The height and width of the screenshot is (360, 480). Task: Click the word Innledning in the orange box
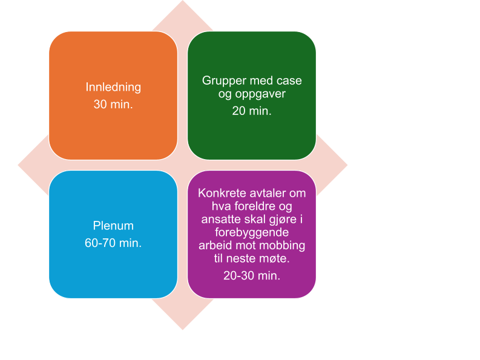[113, 87]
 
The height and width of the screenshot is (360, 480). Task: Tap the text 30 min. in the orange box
[113, 104]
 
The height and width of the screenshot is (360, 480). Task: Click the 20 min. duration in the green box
[252, 111]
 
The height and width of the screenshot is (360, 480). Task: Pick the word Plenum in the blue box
[113, 226]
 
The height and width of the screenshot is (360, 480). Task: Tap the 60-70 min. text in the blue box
[113, 243]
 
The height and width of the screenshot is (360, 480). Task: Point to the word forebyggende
[252, 233]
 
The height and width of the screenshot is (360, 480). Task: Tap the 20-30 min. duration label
[252, 275]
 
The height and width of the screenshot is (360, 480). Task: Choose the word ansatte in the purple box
[220, 220]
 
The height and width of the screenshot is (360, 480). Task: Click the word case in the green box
[289, 80]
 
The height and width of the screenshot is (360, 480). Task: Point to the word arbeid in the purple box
[215, 246]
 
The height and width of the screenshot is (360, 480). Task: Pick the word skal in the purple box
[253, 220]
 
